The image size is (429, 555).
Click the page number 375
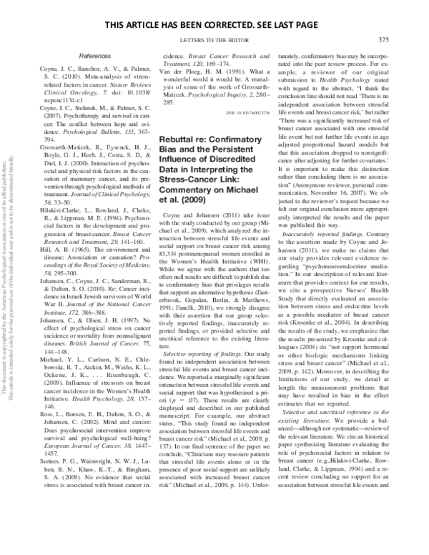click(383, 39)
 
